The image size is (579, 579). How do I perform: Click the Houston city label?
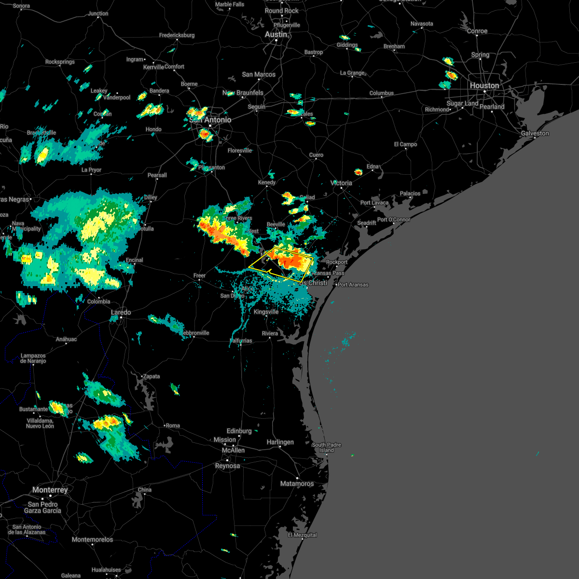(x=484, y=85)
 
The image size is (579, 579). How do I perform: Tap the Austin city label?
(x=276, y=35)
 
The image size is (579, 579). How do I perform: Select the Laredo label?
(x=121, y=313)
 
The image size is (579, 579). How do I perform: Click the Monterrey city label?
(x=50, y=490)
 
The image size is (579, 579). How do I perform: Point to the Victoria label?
(x=342, y=183)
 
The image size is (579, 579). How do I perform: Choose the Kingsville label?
(x=266, y=312)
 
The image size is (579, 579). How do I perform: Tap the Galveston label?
(x=535, y=133)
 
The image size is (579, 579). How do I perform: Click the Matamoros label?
(x=297, y=483)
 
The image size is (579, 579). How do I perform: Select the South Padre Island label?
(x=326, y=447)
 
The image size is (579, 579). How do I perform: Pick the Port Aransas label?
(x=353, y=285)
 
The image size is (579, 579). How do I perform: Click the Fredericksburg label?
(x=177, y=35)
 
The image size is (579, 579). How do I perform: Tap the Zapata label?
(x=152, y=376)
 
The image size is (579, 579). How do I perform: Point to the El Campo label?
(x=405, y=144)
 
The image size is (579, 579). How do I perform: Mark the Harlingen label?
(x=280, y=442)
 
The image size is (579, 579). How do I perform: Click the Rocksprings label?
(x=60, y=62)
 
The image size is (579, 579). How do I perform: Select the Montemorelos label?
(x=92, y=539)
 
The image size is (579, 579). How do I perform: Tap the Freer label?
(x=200, y=276)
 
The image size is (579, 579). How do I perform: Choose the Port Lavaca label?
(x=374, y=203)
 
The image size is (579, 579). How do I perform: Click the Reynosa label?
(x=227, y=466)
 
